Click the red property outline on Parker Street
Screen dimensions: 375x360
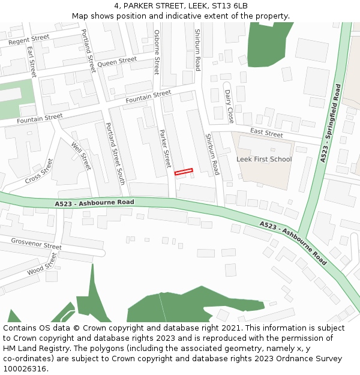pyautogui.click(x=184, y=172)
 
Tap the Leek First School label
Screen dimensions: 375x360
pyautogui.click(x=264, y=160)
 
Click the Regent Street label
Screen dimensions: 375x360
pyautogui.click(x=29, y=40)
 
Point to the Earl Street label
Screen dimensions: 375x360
pyautogui.click(x=32, y=61)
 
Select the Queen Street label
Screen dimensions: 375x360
pyautogui.click(x=117, y=62)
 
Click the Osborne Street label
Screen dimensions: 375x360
pyautogui.click(x=157, y=52)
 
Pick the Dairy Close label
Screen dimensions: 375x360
pyautogui.click(x=229, y=107)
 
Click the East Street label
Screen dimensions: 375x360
pyautogui.click(x=266, y=133)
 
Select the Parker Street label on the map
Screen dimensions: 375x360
pyautogui.click(x=164, y=148)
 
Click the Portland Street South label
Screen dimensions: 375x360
pyautogui.click(x=115, y=153)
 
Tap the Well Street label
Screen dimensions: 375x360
pyautogui.click(x=81, y=156)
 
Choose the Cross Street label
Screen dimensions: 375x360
pyautogui.click(x=39, y=172)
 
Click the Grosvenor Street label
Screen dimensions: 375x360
pyautogui.click(x=36, y=244)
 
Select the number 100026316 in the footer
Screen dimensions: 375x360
pyautogui.click(x=25, y=369)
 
